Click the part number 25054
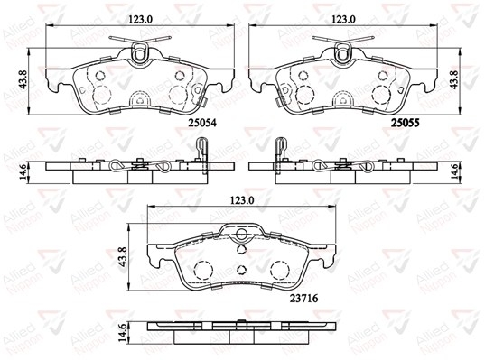coord(202,123)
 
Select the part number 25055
coord(406,123)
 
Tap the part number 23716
coord(303,299)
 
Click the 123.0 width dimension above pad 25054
coord(141,20)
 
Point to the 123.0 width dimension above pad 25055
coord(343,20)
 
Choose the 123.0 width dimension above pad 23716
coord(242,200)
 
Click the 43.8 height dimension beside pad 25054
coord(23,79)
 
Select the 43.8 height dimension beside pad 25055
coord(454,79)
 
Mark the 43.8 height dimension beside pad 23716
coord(123,257)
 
